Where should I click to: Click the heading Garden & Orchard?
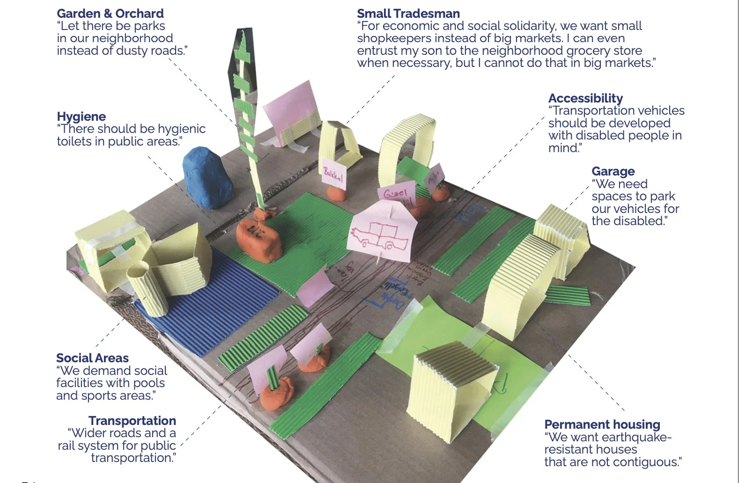coord(110,14)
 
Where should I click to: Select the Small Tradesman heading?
coord(408,14)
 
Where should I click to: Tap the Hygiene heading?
coord(81,117)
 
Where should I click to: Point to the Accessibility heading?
coord(585,98)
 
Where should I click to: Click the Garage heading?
coord(613,171)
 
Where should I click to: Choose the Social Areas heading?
coord(92,358)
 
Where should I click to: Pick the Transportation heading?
coord(132,421)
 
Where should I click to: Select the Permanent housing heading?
coord(602,424)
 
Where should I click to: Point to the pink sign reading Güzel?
coord(396,193)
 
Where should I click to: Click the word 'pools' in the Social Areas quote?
coord(148,383)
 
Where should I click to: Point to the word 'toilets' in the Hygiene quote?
coord(75,141)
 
